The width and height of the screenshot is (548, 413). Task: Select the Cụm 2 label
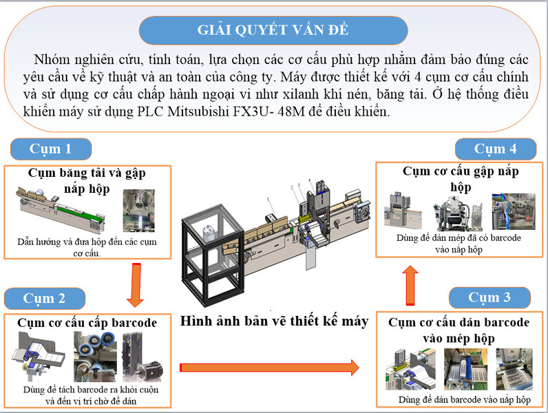pos(44,298)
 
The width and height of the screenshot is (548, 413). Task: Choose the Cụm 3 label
pos(489,297)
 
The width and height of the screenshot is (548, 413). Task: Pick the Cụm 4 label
pos(495,149)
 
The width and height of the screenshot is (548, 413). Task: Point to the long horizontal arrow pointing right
pos(269,367)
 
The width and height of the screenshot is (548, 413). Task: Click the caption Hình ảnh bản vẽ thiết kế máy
pos(273,321)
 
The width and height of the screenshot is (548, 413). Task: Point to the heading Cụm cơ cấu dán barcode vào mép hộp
pos(459,329)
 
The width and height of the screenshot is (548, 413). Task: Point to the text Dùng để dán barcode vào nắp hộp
pos(464,399)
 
